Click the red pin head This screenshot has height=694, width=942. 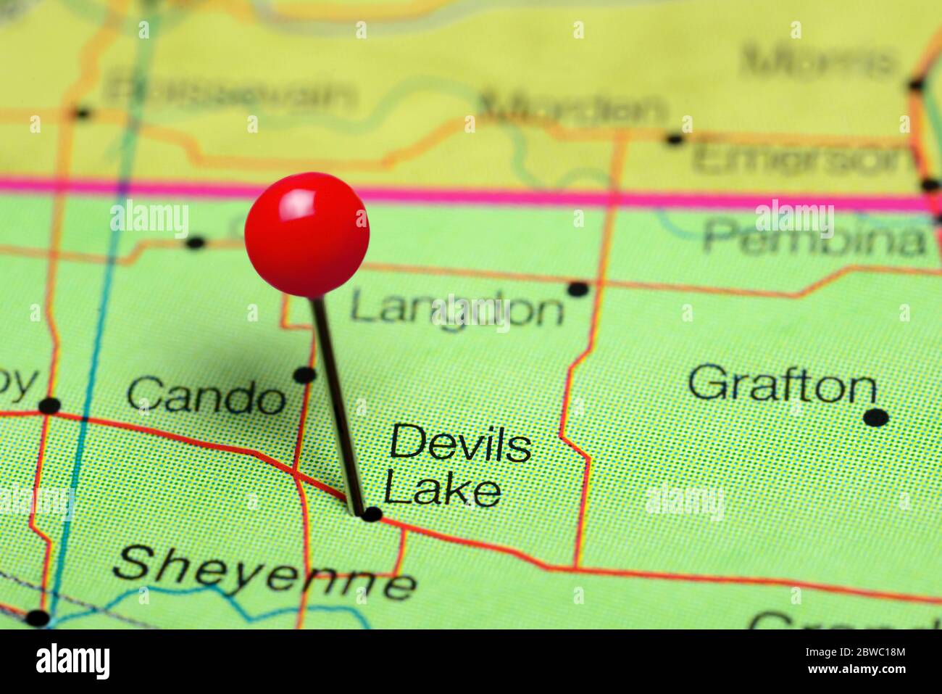[307, 234]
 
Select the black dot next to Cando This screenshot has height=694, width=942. [304, 375]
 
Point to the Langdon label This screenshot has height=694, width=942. [457, 309]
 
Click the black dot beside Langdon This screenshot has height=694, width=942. [578, 289]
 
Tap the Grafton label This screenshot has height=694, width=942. [782, 384]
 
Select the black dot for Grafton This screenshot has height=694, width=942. [876, 418]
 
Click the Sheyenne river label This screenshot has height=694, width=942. [264, 572]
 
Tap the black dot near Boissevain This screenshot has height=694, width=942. [83, 112]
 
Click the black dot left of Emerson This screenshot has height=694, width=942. [675, 139]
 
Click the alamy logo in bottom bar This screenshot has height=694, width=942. [72, 661]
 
